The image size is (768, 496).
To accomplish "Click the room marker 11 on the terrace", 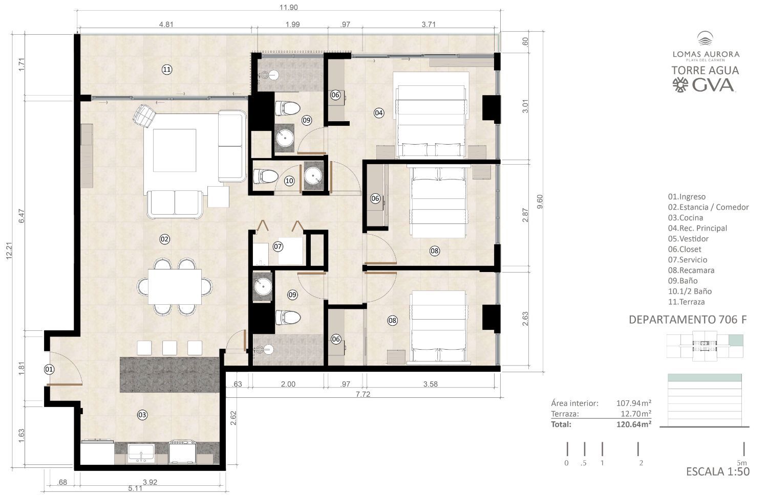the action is pyautogui.click(x=166, y=70).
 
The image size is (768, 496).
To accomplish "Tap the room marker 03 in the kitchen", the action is pyautogui.click(x=142, y=415).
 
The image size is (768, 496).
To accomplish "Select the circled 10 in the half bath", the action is pyautogui.click(x=289, y=181).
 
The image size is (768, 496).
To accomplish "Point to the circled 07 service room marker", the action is pyautogui.click(x=278, y=246).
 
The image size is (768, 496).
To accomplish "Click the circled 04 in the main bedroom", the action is pyautogui.click(x=379, y=113).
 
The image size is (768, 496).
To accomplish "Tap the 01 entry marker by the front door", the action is pyautogui.click(x=49, y=369).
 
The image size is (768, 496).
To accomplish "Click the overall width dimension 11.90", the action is pyautogui.click(x=288, y=7).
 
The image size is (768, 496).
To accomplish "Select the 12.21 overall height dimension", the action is pyautogui.click(x=9, y=251).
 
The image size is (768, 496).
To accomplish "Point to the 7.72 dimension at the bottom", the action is pyautogui.click(x=362, y=394).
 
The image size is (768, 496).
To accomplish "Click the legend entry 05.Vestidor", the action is pyautogui.click(x=688, y=239).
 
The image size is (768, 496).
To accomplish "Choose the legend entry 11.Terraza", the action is pyautogui.click(x=686, y=302).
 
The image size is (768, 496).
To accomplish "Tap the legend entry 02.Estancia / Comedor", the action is pyautogui.click(x=708, y=207).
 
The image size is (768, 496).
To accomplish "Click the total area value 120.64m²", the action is pyautogui.click(x=634, y=424).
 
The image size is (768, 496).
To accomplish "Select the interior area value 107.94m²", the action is pyautogui.click(x=634, y=403).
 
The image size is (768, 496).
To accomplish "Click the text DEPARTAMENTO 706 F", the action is pyautogui.click(x=688, y=320).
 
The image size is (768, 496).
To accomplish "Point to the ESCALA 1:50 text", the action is pyautogui.click(x=718, y=471).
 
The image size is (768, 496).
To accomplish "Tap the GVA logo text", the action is pyautogui.click(x=713, y=85).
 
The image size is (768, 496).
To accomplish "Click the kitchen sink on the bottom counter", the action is pyautogui.click(x=141, y=453).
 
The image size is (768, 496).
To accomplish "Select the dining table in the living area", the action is pyautogui.click(x=175, y=286).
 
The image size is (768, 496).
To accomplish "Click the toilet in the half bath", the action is pyautogui.click(x=265, y=176).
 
